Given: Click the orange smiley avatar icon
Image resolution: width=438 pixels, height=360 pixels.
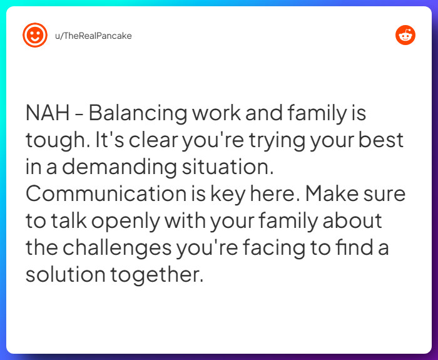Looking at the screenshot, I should [x=35, y=35].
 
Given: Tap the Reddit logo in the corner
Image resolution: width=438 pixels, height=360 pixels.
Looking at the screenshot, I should [x=405, y=35].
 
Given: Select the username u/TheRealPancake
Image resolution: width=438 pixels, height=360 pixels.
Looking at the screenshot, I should [x=93, y=36].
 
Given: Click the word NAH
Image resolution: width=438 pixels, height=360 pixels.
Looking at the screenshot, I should [x=45, y=113].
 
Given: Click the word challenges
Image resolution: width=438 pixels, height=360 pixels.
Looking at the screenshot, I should [x=116, y=248].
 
